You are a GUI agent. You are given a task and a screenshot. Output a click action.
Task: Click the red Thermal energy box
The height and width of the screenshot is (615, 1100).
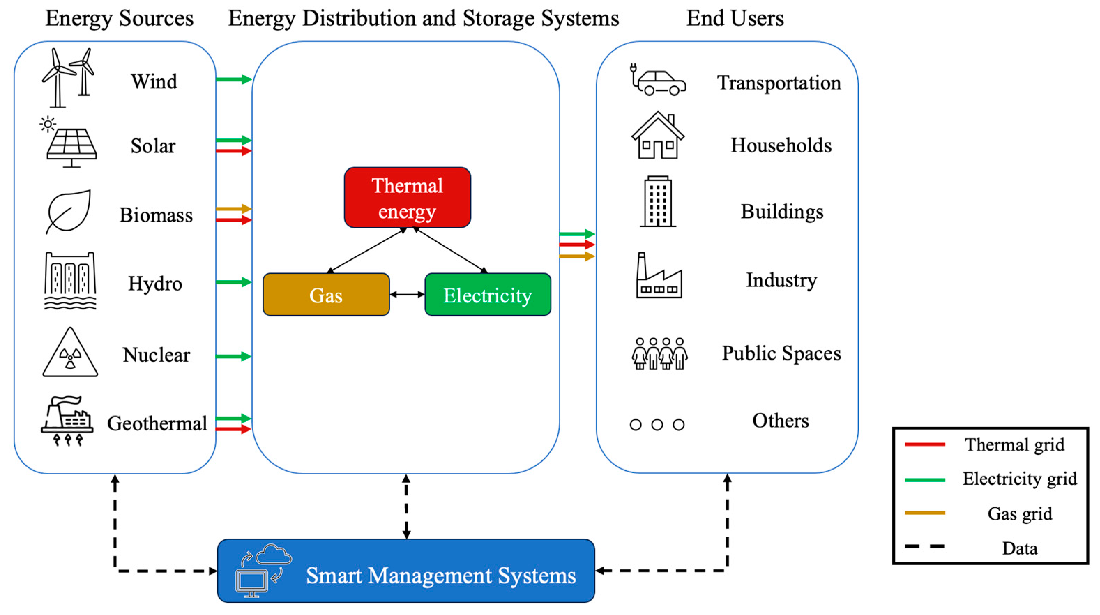coord(407,197)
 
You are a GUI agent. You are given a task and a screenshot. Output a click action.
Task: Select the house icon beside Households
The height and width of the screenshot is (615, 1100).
coord(658,136)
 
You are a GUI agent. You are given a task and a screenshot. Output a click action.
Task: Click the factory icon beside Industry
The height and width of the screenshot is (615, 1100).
coord(659,276)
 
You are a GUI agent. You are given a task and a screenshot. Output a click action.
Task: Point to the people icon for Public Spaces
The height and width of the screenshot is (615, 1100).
coord(659,353)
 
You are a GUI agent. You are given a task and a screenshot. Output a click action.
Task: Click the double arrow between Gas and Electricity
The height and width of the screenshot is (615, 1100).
coord(407,294)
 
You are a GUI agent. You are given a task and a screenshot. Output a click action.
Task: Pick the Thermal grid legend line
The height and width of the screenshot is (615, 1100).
coord(925,444)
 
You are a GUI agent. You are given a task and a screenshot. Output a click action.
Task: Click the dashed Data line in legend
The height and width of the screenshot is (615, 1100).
coord(925,546)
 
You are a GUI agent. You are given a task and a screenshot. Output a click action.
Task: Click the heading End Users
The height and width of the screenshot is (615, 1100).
coord(735,18)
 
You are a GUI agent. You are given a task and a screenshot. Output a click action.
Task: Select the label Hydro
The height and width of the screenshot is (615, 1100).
coord(155,283)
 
